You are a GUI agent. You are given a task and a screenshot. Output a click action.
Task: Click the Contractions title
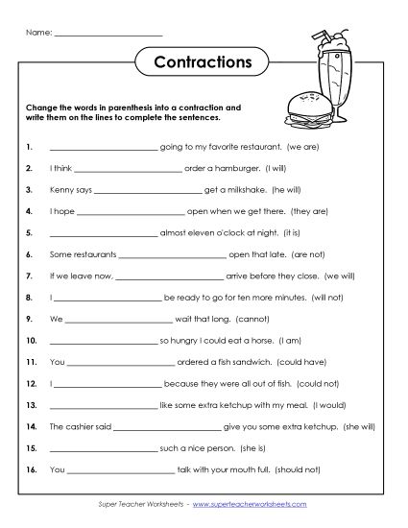(x=203, y=63)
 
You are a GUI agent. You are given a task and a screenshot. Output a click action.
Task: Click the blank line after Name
(x=108, y=35)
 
